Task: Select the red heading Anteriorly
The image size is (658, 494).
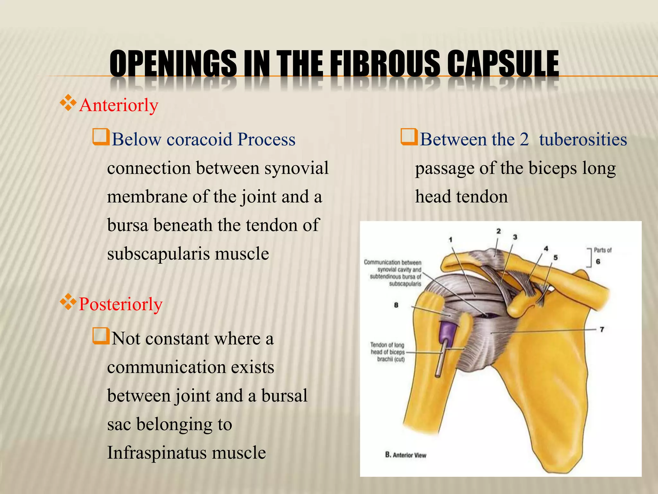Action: click(119, 105)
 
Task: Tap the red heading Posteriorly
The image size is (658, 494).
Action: click(120, 304)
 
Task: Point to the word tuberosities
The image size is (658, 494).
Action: click(583, 140)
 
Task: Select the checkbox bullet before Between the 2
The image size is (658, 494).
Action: click(409, 137)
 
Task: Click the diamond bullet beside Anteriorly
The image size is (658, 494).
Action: click(68, 103)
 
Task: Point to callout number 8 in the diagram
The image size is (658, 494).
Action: click(396, 305)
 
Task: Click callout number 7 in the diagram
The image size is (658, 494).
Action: click(602, 329)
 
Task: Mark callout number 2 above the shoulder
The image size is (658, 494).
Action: click(498, 231)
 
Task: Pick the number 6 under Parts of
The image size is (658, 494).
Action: click(598, 261)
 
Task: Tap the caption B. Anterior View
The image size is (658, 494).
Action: click(406, 455)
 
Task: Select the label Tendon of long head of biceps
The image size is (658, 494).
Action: click(387, 352)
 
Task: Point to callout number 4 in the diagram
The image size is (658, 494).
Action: click(546, 249)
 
